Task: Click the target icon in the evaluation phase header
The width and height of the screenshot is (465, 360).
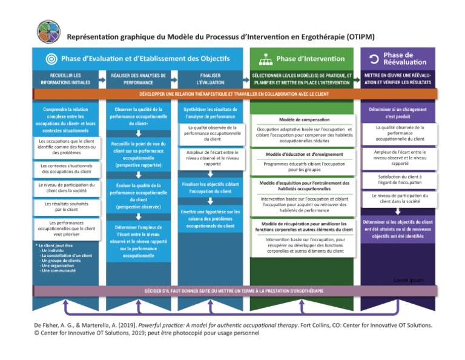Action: [51, 59]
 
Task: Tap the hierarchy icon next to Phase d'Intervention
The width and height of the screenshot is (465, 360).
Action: [265, 59]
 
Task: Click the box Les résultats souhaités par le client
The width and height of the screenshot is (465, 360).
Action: [67, 207]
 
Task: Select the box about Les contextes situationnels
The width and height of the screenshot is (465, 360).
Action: [67, 168]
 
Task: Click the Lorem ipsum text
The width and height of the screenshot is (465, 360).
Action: [408, 280]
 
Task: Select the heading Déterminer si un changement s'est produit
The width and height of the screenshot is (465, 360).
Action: [398, 113]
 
